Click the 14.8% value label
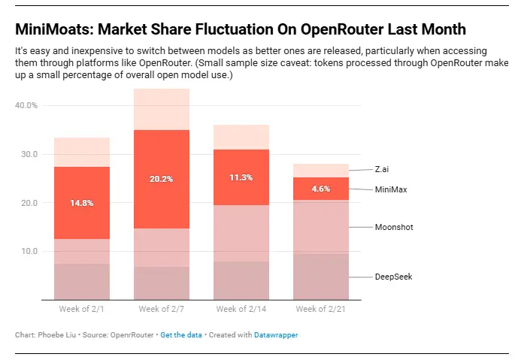pos(82,203)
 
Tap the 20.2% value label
pos(162,179)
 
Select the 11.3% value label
pos(241,177)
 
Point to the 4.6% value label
pos(321,189)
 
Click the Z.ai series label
pos(382,170)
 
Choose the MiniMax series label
pos(391,189)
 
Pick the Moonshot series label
pos(394,227)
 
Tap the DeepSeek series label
pos(393,277)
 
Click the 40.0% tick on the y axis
pos(26,105)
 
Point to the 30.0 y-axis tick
pos(28,154)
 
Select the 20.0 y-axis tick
pos(28,203)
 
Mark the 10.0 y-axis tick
pos(28,251)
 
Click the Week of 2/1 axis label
pos(82,309)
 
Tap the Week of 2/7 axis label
pos(162,309)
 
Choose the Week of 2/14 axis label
pos(241,309)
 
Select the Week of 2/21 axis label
pos(321,309)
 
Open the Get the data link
pos(180,335)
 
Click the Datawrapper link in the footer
pos(276,335)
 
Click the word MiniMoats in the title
pos(47,29)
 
